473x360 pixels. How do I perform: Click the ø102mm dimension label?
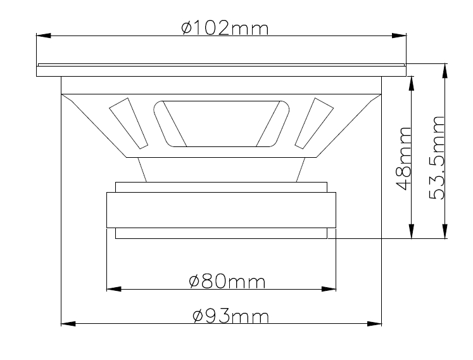pyautogui.click(x=225, y=28)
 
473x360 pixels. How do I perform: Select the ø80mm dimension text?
pyautogui.click(x=227, y=281)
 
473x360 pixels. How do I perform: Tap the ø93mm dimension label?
pyautogui.click(x=230, y=316)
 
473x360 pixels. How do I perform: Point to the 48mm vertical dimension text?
pyautogui.click(x=403, y=158)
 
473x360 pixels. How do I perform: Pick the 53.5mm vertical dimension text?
pyautogui.click(x=436, y=158)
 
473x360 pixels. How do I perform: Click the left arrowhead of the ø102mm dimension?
pyautogui.click(x=44, y=35)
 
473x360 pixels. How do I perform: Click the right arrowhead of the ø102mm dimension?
pyautogui.click(x=399, y=35)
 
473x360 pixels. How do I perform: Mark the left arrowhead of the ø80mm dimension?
pyautogui.click(x=114, y=289)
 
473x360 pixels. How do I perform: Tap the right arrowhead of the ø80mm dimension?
pyautogui.click(x=329, y=289)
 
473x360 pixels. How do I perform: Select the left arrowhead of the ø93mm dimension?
pyautogui.click(x=68, y=324)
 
